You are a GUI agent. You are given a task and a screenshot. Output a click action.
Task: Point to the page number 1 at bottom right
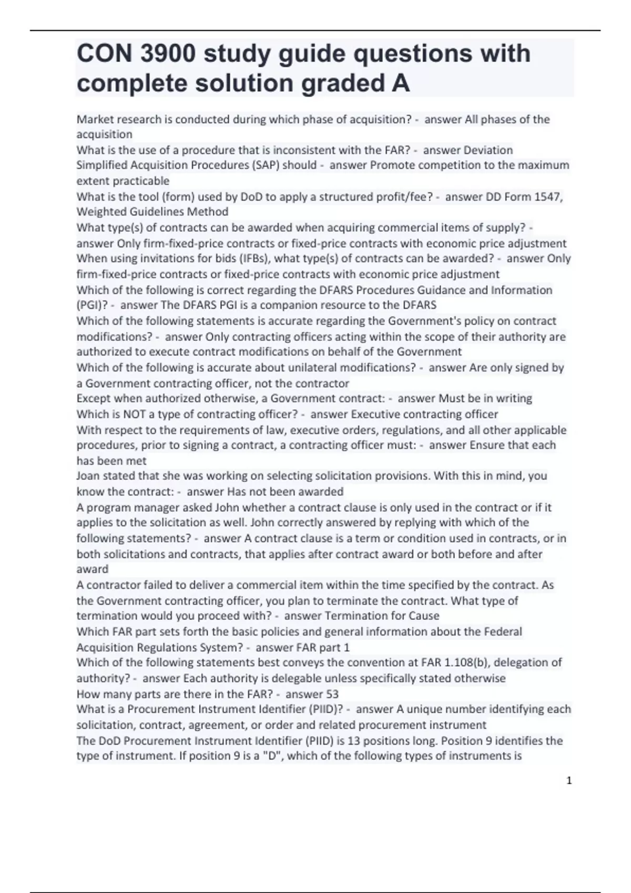coord(569,781)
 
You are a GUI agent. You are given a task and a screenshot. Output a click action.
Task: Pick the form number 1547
coord(547,196)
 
